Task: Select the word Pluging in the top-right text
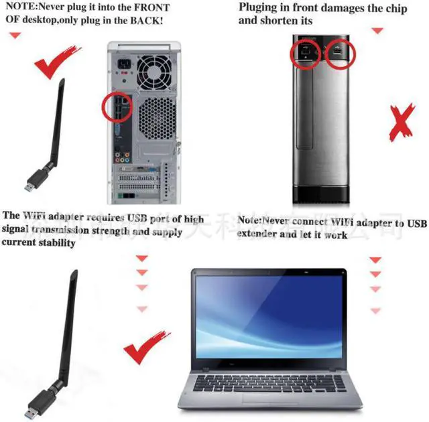[x=260, y=8]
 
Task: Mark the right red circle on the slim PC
[x=339, y=53]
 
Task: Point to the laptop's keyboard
[x=268, y=383]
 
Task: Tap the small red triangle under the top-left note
[x=14, y=35]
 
